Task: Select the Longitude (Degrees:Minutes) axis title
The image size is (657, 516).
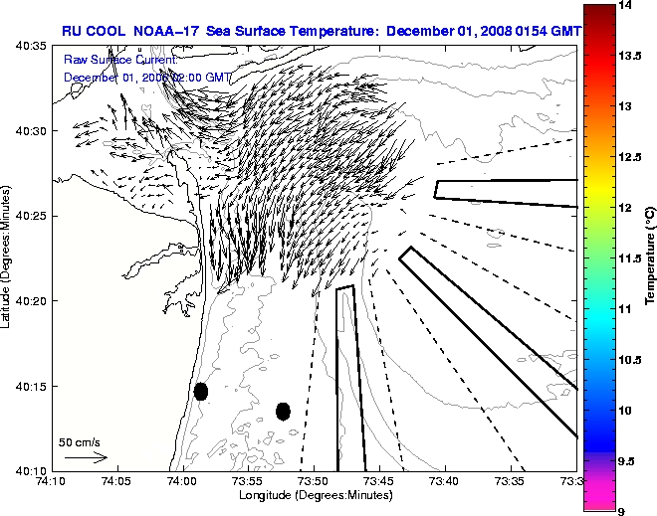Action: pos(313,495)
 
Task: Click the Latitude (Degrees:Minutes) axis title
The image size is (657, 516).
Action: pos(8,258)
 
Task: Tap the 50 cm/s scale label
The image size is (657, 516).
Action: pos(79,441)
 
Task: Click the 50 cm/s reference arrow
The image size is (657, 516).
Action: pos(85,457)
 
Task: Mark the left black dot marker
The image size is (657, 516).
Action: pos(201,391)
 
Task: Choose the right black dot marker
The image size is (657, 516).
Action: pos(283,411)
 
